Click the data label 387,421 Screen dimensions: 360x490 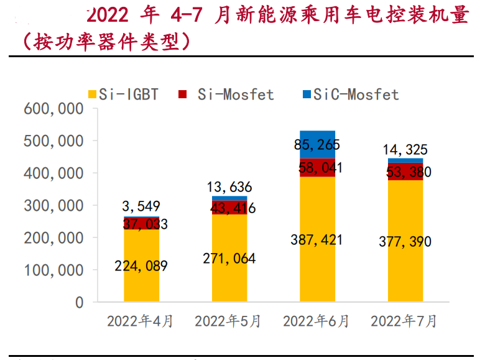[x=317, y=239]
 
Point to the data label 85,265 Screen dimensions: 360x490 [x=317, y=145]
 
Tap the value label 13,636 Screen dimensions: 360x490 [x=229, y=187]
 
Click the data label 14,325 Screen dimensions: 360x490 [x=405, y=150]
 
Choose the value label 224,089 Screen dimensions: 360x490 [x=141, y=265]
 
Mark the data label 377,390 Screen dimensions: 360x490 [x=405, y=242]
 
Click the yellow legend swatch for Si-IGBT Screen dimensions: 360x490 [x=93, y=95]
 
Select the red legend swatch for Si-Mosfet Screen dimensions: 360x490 [x=183, y=95]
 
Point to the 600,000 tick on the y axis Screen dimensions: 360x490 [x=53, y=109]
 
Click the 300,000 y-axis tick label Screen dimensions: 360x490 [x=53, y=206]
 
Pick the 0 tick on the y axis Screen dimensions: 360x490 [x=79, y=303]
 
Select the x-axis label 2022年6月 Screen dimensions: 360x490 [x=317, y=321]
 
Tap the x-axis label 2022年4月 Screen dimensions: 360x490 [x=141, y=321]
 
